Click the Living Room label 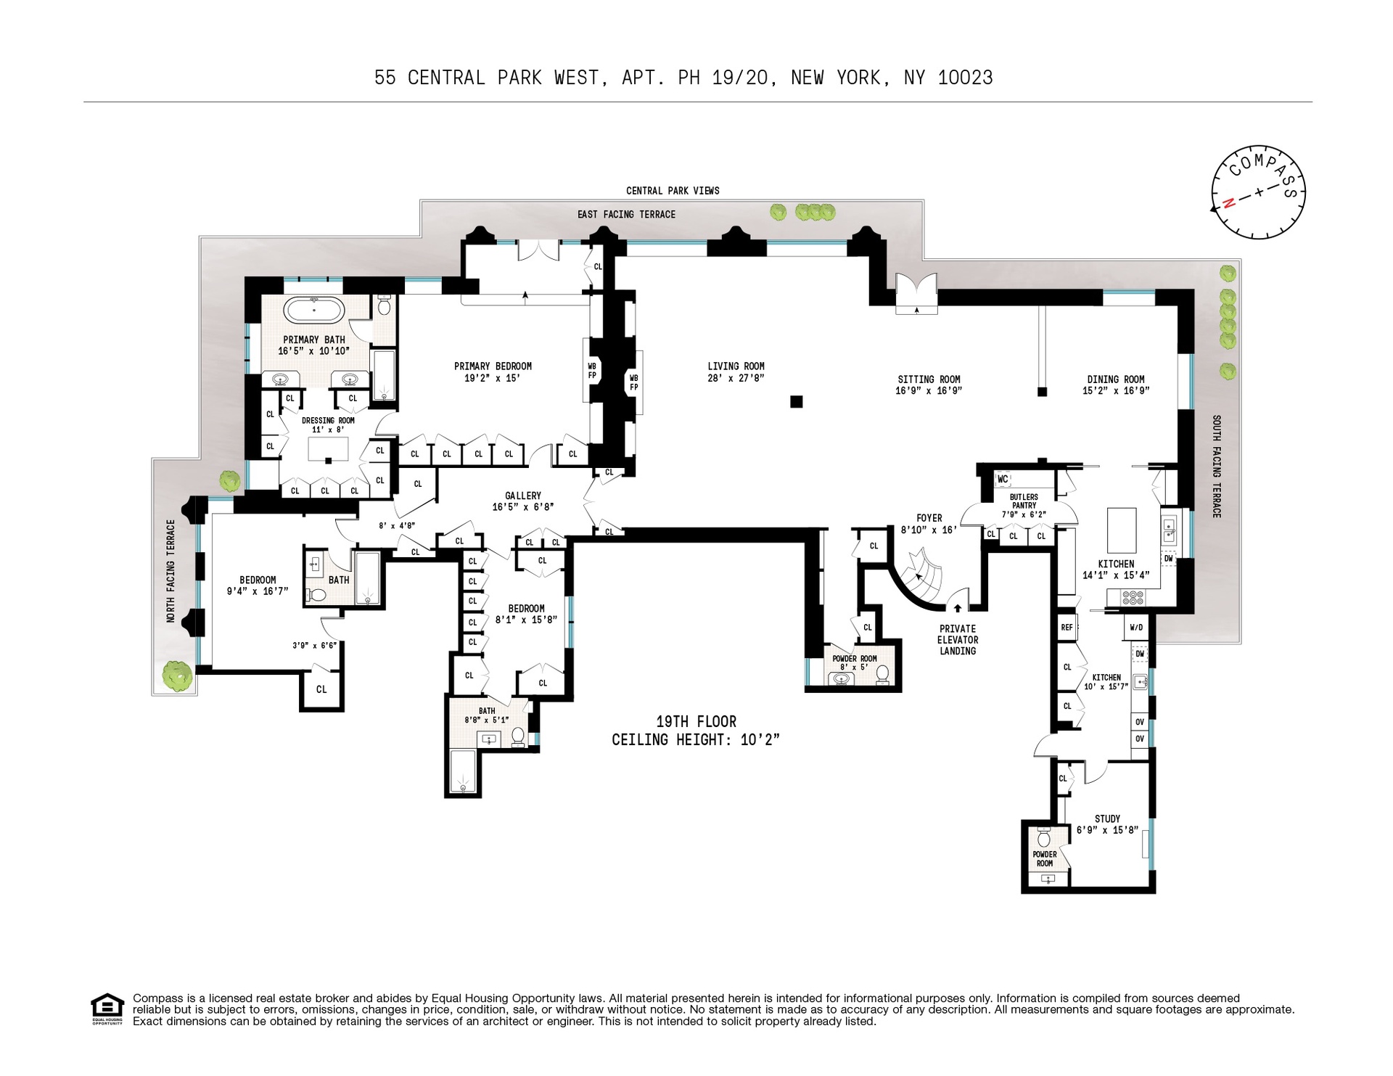click(736, 366)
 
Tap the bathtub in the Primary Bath click(315, 310)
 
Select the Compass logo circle click(1258, 192)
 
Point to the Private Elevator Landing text click(958, 640)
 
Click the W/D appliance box click(1136, 628)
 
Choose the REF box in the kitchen click(1067, 628)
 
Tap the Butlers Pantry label click(1024, 501)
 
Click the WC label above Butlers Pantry click(1003, 480)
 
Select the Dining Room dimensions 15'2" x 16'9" click(1116, 391)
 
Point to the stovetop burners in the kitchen click(1133, 598)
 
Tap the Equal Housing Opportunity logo click(107, 1009)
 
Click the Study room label click(1107, 818)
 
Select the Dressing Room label click(328, 421)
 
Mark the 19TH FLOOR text click(696, 722)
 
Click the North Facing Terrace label click(171, 571)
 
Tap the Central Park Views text click(673, 191)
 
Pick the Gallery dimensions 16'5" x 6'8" click(522, 507)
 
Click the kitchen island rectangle click(1121, 530)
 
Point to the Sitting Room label click(929, 379)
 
